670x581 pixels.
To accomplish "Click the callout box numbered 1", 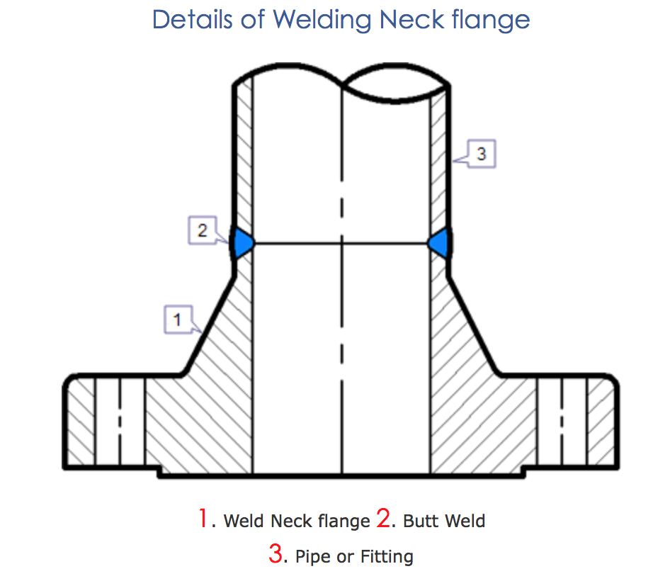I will [x=177, y=320].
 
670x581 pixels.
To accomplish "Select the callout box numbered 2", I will [x=203, y=231].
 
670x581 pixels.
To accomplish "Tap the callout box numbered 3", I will [x=482, y=154].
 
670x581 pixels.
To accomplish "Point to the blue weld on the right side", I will [x=439, y=242].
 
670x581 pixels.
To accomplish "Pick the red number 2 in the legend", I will [x=384, y=519].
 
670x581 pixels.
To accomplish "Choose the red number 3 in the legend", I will [x=276, y=553].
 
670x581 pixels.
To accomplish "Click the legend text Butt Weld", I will [x=444, y=521].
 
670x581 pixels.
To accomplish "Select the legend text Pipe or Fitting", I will [x=354, y=556].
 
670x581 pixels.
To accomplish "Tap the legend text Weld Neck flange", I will [x=297, y=521].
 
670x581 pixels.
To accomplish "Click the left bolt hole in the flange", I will [x=120, y=422].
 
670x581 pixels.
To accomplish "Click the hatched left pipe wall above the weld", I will [x=244, y=156].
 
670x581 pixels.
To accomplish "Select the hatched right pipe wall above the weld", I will [x=439, y=156].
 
